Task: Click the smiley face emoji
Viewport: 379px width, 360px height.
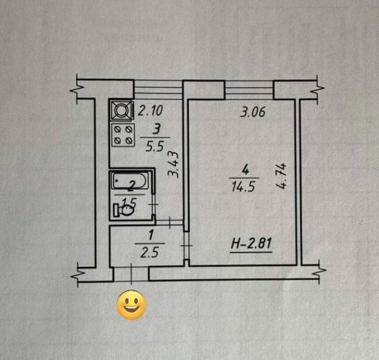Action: [x=132, y=305]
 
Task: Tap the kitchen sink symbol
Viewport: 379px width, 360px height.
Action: [x=122, y=110]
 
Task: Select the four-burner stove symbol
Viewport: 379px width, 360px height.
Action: [x=123, y=135]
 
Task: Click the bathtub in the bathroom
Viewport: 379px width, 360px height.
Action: [x=129, y=181]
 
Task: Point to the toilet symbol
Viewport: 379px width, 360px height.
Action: [x=124, y=210]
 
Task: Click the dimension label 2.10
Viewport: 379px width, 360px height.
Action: [x=150, y=110]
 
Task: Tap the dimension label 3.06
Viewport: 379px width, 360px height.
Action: [x=253, y=112]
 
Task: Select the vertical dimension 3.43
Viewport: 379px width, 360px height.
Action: [x=173, y=164]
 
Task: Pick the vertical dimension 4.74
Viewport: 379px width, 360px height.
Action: [x=281, y=176]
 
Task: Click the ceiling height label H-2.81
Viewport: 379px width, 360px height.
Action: [x=252, y=243]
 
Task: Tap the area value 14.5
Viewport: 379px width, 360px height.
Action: [x=243, y=187]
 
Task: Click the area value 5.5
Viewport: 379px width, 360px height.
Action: [x=155, y=146]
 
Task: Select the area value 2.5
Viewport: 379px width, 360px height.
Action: [x=150, y=253]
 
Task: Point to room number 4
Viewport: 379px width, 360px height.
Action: [x=245, y=169]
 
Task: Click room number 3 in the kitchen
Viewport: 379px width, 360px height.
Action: [x=157, y=129]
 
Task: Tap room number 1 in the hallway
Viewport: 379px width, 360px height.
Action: [x=152, y=235]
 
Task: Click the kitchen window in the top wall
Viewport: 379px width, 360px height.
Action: [x=158, y=89]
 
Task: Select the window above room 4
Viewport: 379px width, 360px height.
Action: [x=249, y=90]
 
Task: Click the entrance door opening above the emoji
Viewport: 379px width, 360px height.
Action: [x=131, y=274]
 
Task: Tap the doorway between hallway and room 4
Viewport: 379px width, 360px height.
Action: [x=186, y=246]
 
